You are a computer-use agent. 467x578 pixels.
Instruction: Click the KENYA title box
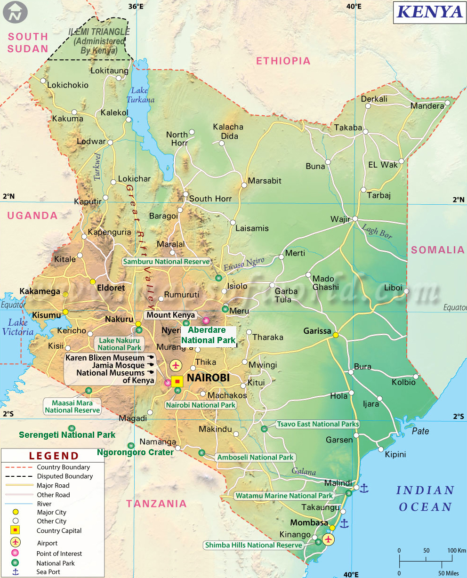429,11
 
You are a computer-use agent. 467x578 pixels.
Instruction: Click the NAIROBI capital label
208,378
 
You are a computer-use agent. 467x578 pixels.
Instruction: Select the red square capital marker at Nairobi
177,381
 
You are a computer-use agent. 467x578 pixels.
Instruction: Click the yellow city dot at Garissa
336,335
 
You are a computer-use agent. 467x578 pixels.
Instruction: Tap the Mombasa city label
309,523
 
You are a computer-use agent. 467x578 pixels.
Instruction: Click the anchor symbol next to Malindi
363,489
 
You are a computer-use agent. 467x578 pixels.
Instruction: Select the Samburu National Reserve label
166,262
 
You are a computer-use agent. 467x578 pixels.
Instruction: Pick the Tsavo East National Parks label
318,424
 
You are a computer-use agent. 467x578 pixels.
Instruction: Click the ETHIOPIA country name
283,61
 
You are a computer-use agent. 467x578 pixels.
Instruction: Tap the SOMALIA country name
437,250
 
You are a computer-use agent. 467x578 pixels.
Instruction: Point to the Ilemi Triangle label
99,41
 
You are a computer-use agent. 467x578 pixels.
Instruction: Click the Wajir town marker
355,218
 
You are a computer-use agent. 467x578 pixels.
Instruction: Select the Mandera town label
427,106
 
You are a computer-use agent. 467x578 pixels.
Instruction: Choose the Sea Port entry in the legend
48,572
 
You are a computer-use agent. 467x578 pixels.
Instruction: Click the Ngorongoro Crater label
135,452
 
